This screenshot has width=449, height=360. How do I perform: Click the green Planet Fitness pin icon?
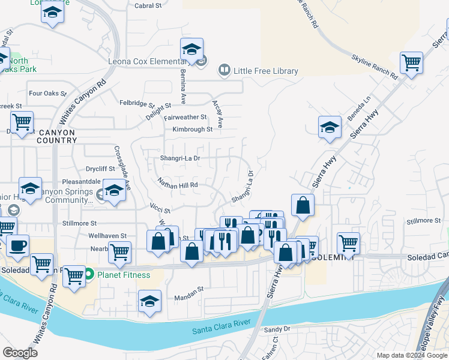pos(89,275)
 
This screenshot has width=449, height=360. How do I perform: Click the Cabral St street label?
pos(149,6)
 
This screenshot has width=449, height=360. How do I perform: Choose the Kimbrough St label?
pos(193,129)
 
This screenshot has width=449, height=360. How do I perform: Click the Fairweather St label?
pos(185,118)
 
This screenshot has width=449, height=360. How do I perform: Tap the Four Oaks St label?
pos(47,94)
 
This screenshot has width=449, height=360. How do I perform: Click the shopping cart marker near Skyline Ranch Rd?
pos(411,62)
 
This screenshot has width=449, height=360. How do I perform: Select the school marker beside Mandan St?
pos(149,301)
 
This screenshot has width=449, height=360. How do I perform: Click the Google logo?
pos(20,353)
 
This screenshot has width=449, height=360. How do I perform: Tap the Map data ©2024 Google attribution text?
pos(411,355)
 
